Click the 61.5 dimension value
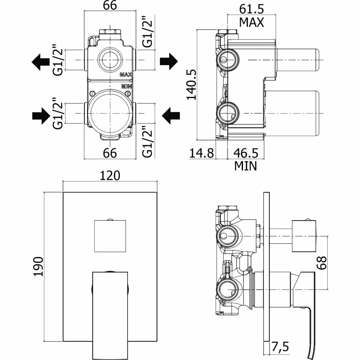252,8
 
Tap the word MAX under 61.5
252,22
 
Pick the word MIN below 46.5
246,166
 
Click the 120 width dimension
110,175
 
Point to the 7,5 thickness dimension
281,348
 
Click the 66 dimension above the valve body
110,7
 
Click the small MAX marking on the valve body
126,75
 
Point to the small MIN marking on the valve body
126,86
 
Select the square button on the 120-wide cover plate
110,235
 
